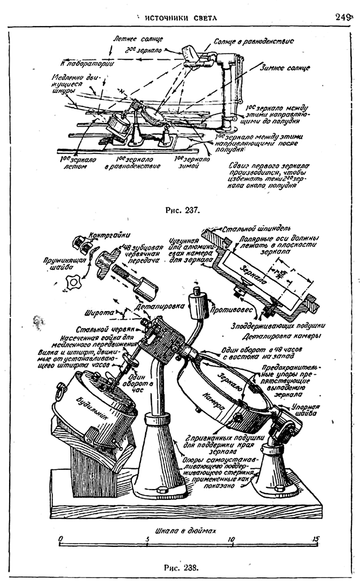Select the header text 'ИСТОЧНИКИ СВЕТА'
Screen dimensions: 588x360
(x=181, y=18)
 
